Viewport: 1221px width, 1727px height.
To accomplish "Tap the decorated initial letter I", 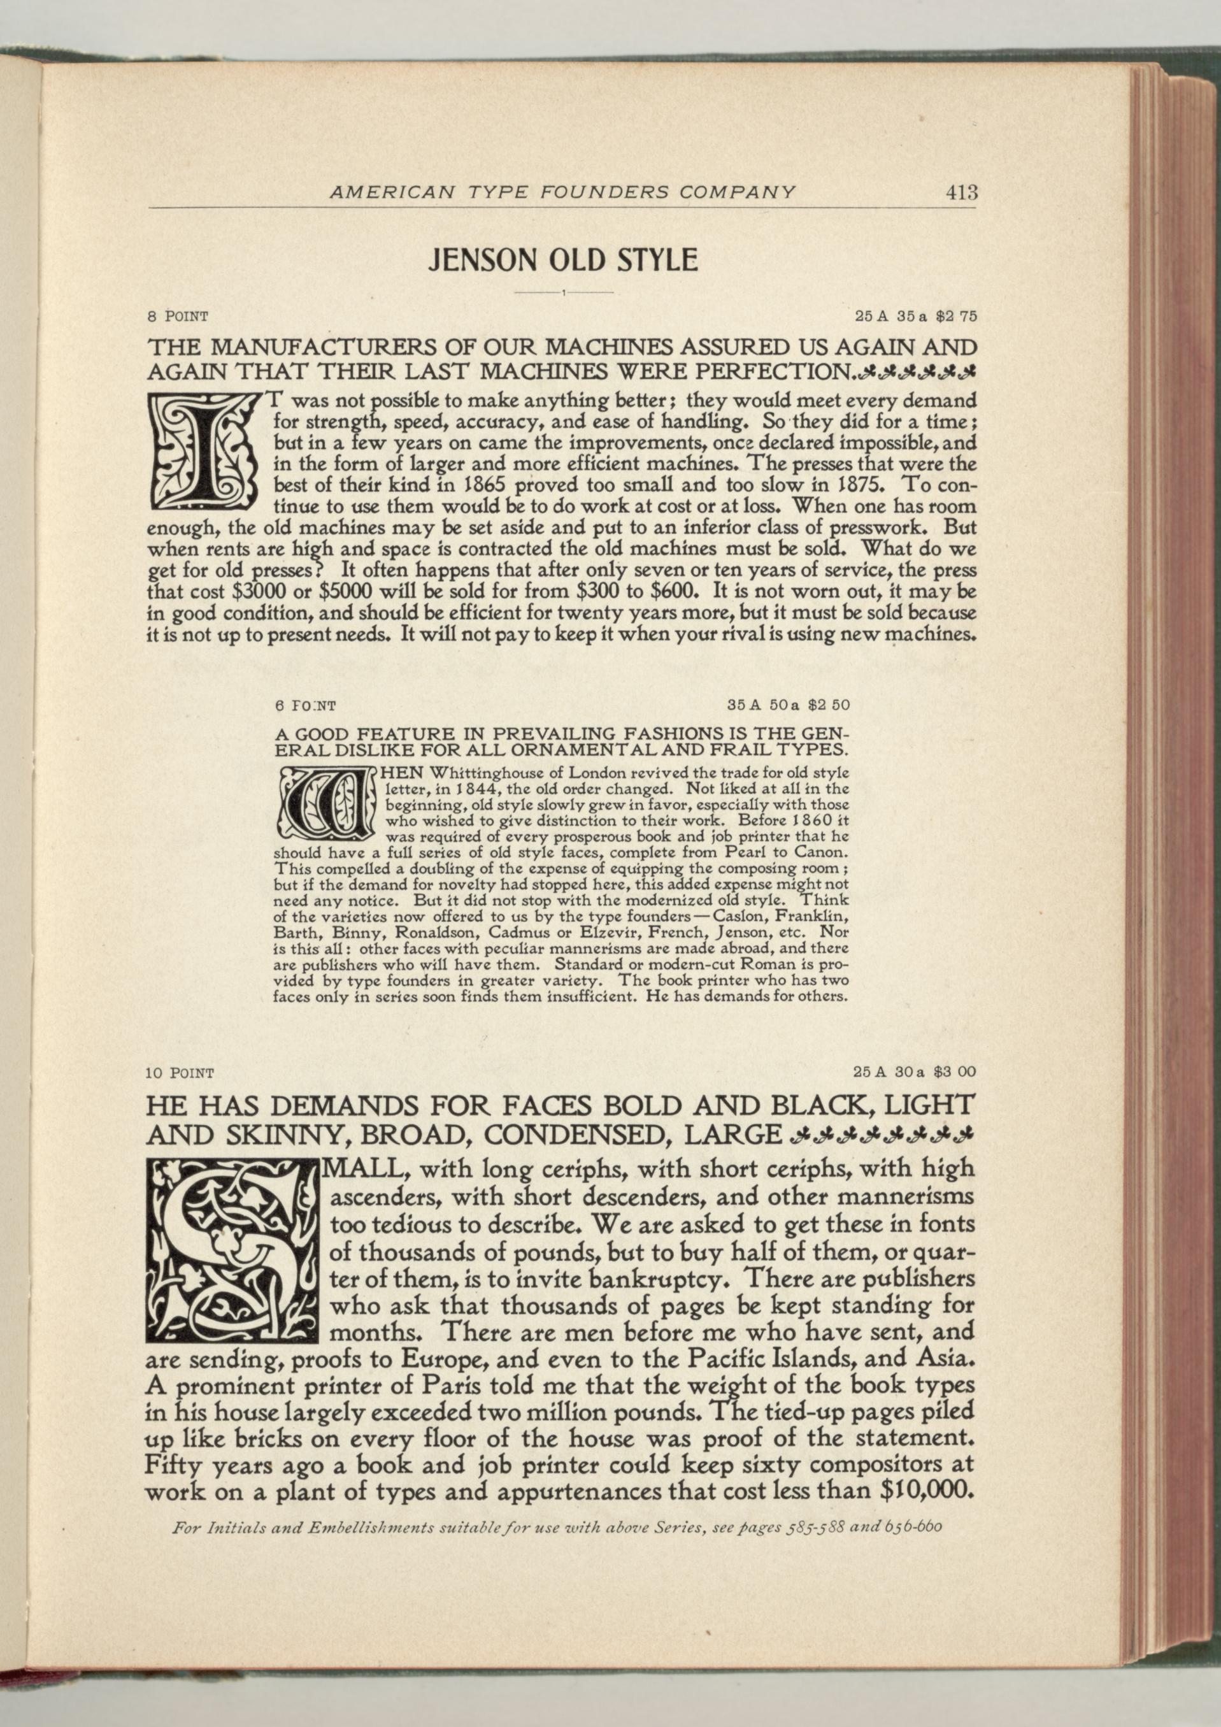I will pos(203,450).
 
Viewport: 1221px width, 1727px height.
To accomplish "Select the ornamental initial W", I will pos(324,803).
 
